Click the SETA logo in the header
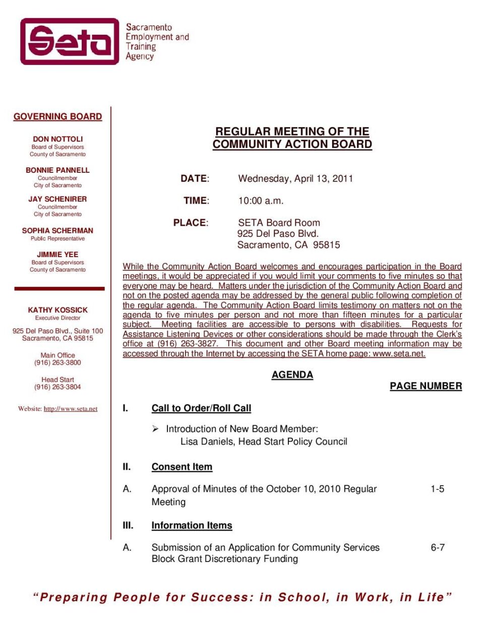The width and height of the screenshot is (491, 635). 70,41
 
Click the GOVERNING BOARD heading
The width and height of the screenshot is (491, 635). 57,116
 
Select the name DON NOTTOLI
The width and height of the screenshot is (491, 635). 57,139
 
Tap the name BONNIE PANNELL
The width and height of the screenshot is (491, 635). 57,170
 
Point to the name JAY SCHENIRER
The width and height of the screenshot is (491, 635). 57,199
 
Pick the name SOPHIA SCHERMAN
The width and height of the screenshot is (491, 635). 57,230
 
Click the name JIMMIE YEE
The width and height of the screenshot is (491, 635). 57,255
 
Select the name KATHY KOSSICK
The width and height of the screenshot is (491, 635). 57,310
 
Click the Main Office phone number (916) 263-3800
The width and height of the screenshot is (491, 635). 57,363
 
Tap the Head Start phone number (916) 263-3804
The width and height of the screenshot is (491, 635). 57,387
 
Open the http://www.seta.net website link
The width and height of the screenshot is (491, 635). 71,409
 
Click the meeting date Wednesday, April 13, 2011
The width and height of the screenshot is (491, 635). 295,178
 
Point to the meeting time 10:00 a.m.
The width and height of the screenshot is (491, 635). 261,201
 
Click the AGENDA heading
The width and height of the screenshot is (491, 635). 292,375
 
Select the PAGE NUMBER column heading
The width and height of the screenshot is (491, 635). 425,386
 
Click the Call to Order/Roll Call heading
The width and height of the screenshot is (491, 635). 201,408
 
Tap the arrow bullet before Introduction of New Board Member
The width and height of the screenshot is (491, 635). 155,429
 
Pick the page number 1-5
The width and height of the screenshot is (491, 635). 437,489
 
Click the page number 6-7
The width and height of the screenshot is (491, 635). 437,547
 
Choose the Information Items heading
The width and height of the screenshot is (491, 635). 192,526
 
